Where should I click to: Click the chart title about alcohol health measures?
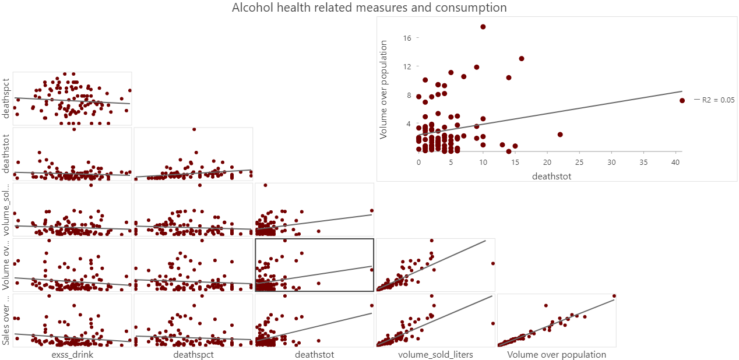[x=369, y=8]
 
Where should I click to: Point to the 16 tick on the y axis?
[x=407, y=38]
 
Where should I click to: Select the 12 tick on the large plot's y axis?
[x=407, y=66]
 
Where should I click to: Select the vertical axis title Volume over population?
[x=383, y=90]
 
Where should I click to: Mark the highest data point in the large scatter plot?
[x=483, y=27]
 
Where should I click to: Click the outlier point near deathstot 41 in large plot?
[x=682, y=100]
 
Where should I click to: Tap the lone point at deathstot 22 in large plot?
[x=560, y=135]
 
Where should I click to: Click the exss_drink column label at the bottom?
[x=72, y=354]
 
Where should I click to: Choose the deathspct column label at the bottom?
[x=193, y=354]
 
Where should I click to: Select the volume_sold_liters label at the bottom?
[x=435, y=354]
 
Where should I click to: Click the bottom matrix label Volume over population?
[x=557, y=354]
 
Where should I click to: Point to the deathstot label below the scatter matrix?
[x=315, y=354]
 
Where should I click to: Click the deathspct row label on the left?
[x=6, y=98]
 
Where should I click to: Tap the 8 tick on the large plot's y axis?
[x=409, y=95]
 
